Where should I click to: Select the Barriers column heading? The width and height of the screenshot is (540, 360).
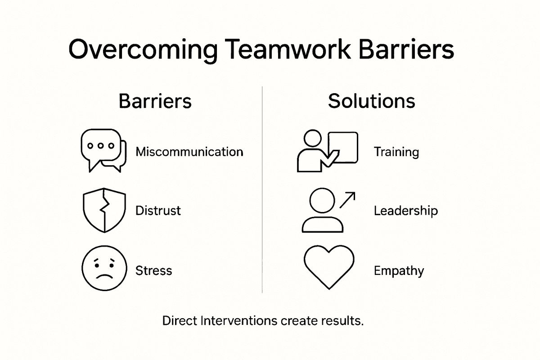pos(155,101)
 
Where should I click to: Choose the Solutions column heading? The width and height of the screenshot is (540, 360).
pos(371,101)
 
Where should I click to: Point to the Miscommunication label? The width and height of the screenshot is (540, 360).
pos(189,152)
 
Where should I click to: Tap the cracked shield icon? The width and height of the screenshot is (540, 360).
pos(103,210)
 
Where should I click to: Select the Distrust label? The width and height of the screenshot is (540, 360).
pos(158,210)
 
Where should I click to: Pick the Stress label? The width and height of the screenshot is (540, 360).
pos(153,270)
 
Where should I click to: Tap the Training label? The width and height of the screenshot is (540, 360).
pos(396,152)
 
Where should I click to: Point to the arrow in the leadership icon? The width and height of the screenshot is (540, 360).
pos(348,200)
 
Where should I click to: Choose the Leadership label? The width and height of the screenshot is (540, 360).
pos(405,211)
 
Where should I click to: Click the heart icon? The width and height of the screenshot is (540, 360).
pos(327,268)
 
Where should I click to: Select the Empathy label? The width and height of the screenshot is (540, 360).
pos(399,271)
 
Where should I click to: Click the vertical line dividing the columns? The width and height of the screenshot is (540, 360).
pos(262,189)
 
